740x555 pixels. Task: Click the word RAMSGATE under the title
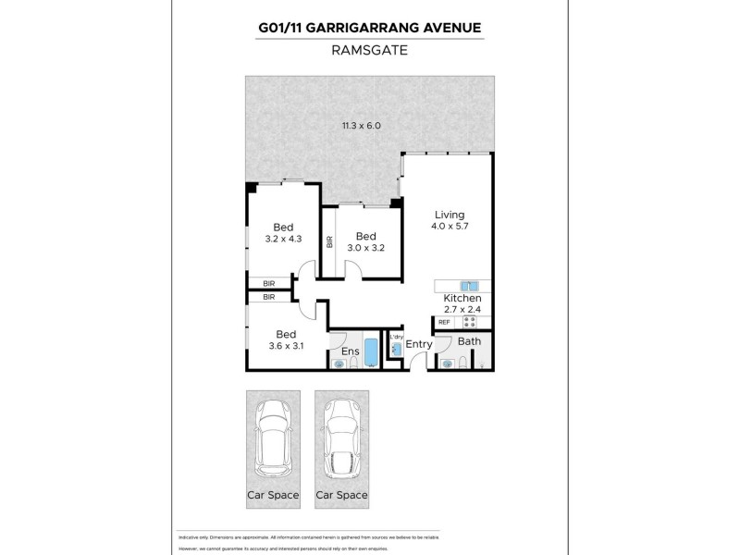coord(369,53)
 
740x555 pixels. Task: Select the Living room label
coord(449,215)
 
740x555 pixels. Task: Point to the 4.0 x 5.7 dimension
coord(449,226)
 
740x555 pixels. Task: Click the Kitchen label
coord(461,298)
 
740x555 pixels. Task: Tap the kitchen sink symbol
coord(468,286)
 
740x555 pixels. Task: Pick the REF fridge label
coord(444,322)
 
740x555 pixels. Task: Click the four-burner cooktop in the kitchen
coord(469,322)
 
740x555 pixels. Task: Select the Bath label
coord(469,342)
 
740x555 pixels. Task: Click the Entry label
coord(419,345)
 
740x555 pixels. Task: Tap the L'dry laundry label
coord(397,337)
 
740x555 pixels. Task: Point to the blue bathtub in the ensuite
coord(371,352)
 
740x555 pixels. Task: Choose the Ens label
coord(350,352)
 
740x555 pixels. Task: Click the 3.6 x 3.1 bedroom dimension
coord(284,346)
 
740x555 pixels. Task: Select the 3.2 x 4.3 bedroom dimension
coord(284,238)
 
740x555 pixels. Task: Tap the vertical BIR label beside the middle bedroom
coord(329,242)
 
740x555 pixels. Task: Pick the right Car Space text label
coord(340,495)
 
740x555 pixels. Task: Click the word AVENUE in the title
coord(447,28)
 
